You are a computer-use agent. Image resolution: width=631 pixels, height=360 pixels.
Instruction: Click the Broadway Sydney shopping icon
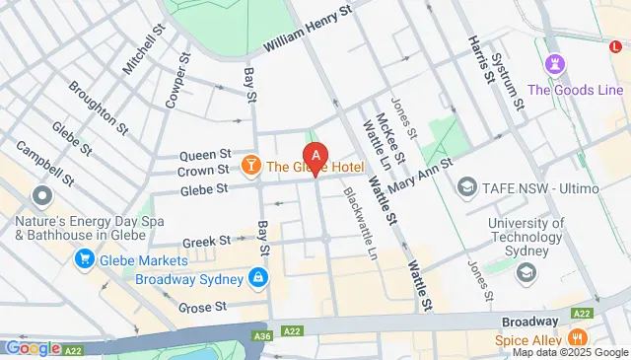[x=258, y=278]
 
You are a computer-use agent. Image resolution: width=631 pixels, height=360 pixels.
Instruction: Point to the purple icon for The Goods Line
[x=552, y=64]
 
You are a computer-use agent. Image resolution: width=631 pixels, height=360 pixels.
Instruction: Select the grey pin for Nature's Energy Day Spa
[x=41, y=194]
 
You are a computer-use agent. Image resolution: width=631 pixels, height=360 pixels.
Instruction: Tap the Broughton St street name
[x=98, y=107]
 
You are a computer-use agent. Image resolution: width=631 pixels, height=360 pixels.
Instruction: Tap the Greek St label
[x=206, y=240]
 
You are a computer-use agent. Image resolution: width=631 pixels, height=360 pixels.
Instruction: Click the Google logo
[x=33, y=348]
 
